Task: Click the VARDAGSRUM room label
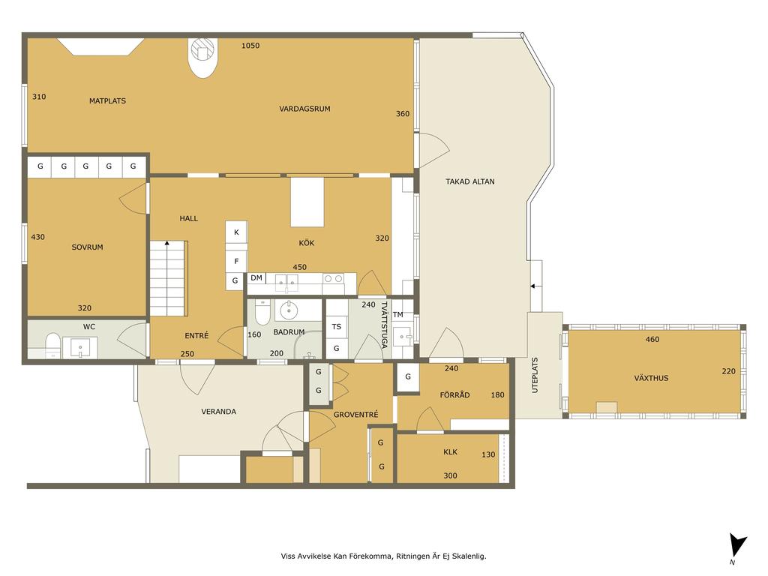tap(304, 109)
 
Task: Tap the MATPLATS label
tap(107, 101)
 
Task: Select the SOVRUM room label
tap(87, 247)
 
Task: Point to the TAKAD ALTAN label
tap(469, 181)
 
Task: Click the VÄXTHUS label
tap(651, 378)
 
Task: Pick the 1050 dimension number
tap(250, 46)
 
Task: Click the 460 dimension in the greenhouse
tap(652, 340)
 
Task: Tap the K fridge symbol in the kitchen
tap(236, 232)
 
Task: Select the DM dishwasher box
tap(256, 278)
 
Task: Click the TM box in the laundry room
tap(397, 314)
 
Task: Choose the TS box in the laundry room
tap(337, 327)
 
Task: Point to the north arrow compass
tap(738, 547)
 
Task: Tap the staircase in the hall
tap(167, 278)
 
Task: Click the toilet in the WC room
tap(53, 344)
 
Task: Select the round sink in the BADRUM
tap(289, 310)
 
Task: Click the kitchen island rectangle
tap(307, 202)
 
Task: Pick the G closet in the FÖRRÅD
tap(407, 377)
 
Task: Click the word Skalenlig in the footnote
tap(469, 556)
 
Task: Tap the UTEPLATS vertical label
tap(534, 375)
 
